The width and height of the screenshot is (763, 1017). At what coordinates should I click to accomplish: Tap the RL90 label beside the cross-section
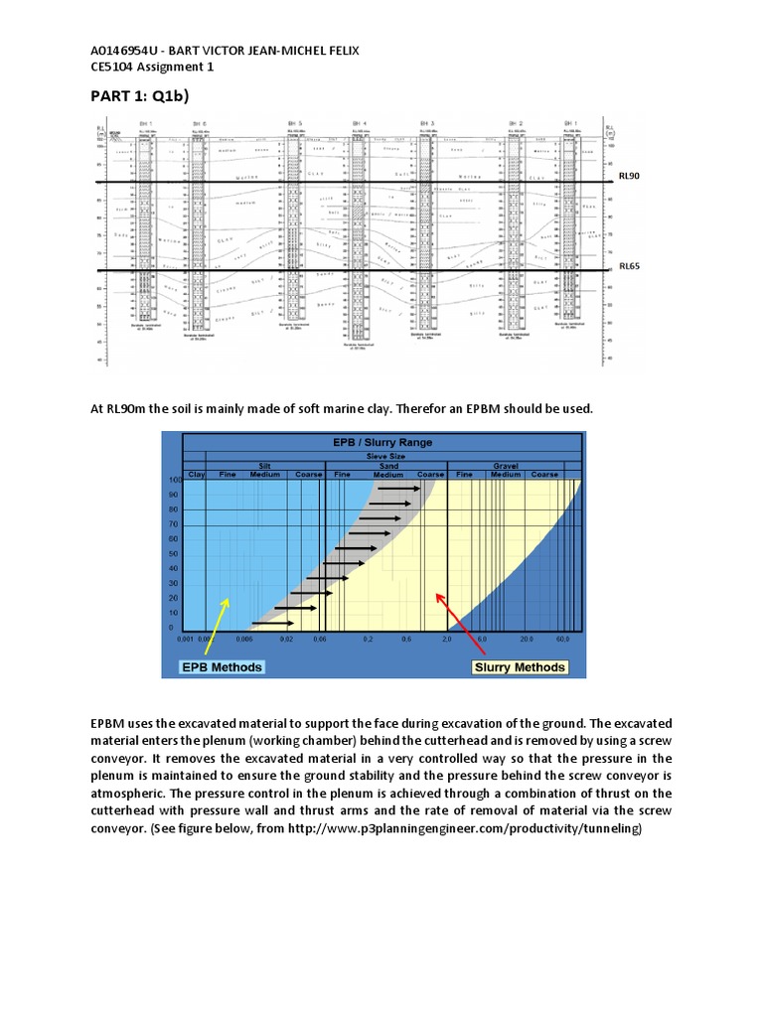click(x=629, y=175)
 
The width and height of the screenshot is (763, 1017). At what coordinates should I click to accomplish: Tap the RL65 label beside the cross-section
click(x=629, y=266)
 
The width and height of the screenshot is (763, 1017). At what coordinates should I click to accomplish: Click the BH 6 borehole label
click(x=200, y=121)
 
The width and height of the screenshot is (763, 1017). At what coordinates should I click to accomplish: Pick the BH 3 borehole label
click(x=427, y=121)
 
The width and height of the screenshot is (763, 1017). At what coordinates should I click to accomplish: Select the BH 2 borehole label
click(x=517, y=121)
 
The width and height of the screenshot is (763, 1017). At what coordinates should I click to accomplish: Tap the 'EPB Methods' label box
click(x=222, y=666)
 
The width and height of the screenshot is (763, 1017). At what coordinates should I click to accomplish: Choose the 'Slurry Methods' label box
click(x=520, y=666)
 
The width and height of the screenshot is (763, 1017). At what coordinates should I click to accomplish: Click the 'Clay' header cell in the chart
click(x=196, y=474)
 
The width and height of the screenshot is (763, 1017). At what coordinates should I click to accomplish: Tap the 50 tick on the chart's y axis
click(x=173, y=554)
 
